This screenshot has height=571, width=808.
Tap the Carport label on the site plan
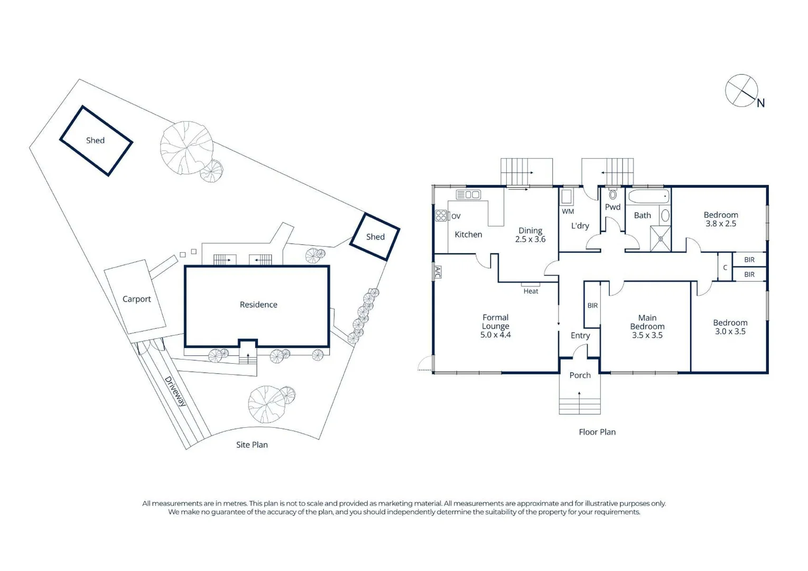[x=136, y=299]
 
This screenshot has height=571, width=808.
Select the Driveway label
[x=175, y=391]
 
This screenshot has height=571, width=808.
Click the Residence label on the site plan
[x=258, y=305]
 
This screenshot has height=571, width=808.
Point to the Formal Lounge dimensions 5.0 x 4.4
[x=495, y=335]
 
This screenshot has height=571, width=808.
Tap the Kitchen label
[x=468, y=235]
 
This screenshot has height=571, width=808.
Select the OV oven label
[x=456, y=216]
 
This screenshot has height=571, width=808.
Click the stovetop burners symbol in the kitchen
[x=441, y=216]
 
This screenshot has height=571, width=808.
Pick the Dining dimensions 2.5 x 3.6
[x=530, y=240]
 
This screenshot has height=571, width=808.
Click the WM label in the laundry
[x=568, y=211]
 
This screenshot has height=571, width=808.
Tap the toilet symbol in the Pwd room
[x=612, y=194]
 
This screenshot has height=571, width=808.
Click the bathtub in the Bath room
[x=648, y=197]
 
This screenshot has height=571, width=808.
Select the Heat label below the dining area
[x=531, y=291]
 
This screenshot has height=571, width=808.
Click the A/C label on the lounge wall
[x=438, y=272]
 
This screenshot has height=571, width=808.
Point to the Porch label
[x=580, y=375]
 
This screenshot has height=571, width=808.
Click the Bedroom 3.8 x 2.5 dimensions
[x=721, y=224]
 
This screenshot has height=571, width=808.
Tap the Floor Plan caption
[x=597, y=432]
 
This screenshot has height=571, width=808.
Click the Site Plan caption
[x=252, y=445]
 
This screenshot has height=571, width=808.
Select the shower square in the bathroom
[x=661, y=239]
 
